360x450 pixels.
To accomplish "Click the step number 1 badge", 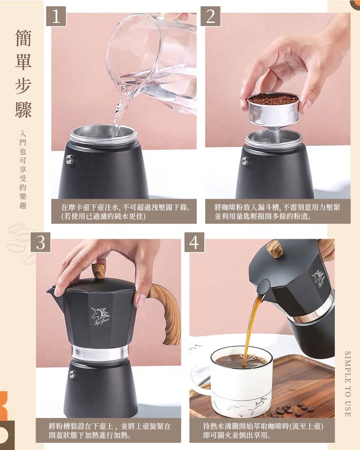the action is coord(56,16).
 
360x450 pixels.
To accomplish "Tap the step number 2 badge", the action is coord(210,16).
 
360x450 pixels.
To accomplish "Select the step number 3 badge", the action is coord(40,242).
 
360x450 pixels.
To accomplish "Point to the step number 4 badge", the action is coord(194,242).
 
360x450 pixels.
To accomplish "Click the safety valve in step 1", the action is coord(70,159).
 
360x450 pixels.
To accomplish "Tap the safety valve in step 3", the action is coord(72,374).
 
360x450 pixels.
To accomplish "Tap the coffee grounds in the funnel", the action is coord(274,99).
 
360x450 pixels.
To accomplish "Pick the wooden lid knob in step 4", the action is coord(275,249).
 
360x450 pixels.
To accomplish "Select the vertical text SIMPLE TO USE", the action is coord(347,384).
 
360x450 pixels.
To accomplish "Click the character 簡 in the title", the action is coord(23,38).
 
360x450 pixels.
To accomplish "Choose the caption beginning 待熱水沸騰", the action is coord(263,431).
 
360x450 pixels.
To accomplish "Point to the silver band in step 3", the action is coord(100,353).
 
